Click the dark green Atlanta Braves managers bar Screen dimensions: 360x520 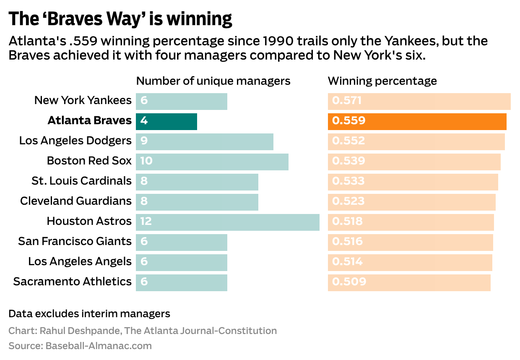[166, 121]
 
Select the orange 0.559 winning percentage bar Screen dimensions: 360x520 [417, 121]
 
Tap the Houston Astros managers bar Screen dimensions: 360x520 [227, 222]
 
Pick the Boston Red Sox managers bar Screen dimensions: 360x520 [212, 162]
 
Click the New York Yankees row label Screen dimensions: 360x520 [83, 101]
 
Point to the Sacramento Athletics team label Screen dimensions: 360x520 [72, 282]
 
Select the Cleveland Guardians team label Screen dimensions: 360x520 [75, 201]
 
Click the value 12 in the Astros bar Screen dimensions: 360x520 [146, 221]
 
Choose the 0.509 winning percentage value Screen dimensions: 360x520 [349, 282]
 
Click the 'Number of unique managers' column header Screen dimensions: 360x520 [213, 81]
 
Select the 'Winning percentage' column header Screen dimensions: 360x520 [382, 81]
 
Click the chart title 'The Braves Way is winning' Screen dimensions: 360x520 [120, 19]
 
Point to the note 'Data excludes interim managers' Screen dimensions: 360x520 [89, 313]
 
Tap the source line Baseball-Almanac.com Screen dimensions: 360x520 [98, 346]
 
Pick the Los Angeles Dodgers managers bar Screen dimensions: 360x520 [205, 141]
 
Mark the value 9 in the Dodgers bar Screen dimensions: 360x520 [144, 141]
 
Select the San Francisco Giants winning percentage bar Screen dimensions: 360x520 [410, 242]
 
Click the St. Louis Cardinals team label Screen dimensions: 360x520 [81, 181]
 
